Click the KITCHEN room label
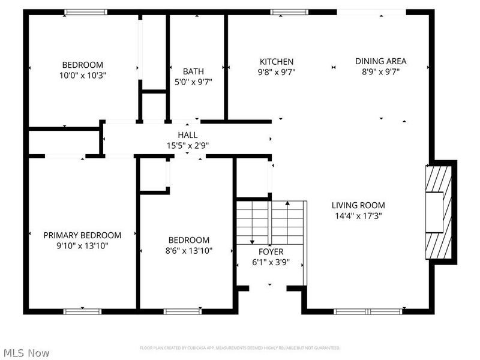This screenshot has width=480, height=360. click(276, 61)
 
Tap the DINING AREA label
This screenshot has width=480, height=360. click(380, 61)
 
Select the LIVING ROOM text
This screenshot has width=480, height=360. click(358, 205)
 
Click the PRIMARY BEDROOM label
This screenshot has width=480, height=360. click(82, 235)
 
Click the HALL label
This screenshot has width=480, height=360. click(187, 135)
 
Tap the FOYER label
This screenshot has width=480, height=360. click(271, 252)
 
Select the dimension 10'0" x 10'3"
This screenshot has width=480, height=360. click(82, 75)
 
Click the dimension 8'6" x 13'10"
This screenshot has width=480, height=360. click(188, 250)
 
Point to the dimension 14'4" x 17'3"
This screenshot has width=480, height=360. click(358, 215)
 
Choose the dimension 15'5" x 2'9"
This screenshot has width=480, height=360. click(187, 145)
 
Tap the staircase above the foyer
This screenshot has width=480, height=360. click(271, 222)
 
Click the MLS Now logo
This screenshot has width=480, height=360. click(26, 353)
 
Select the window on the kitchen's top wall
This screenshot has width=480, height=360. click(289, 11)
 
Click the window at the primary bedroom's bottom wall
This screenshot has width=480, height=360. click(82, 311)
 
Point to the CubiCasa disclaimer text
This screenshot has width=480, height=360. click(240, 348)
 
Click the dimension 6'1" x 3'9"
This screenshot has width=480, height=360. click(271, 262)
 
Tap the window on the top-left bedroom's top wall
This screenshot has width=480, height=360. click(86, 11)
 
